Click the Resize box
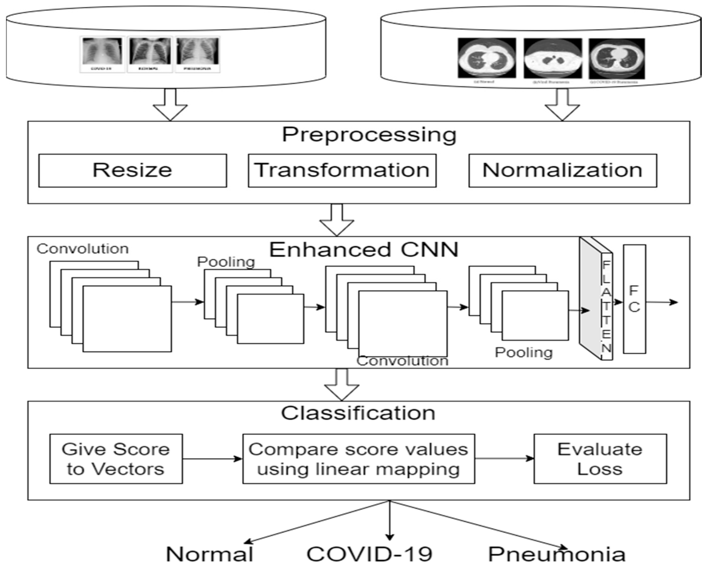(133, 170)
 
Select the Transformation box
(342, 170)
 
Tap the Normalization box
(563, 170)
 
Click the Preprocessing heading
(369, 135)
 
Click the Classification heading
(358, 413)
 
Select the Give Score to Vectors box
(116, 459)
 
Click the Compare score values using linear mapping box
(358, 459)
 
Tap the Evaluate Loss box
(600, 459)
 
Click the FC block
(634, 299)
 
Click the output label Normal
(210, 554)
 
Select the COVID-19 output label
(369, 554)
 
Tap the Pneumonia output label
(556, 554)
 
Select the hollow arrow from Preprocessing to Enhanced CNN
(337, 220)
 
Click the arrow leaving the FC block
(662, 302)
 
